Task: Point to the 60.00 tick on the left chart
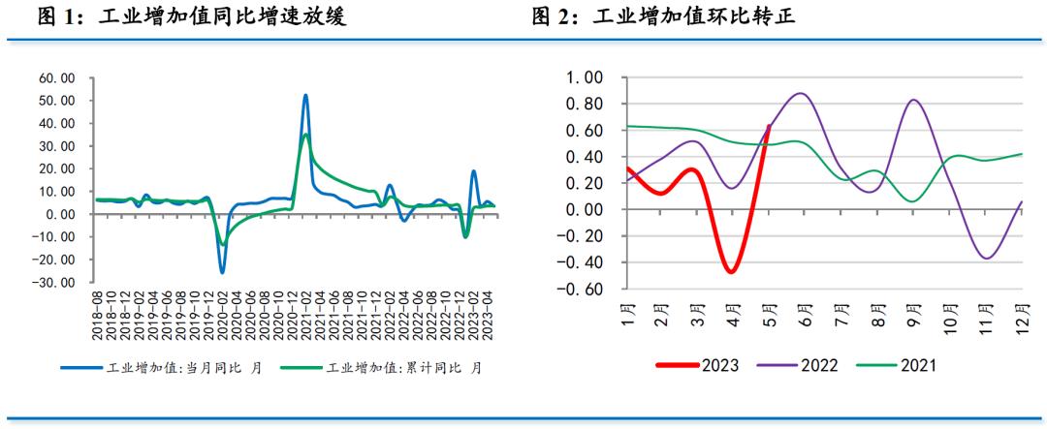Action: pyautogui.click(x=55, y=77)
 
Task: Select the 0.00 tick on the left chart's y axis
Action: pyautogui.click(x=57, y=214)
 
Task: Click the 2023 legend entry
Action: pyautogui.click(x=697, y=366)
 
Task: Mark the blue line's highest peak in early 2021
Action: pyautogui.click(x=305, y=95)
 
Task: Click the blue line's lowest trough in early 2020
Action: pyautogui.click(x=222, y=272)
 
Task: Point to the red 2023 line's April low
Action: pyautogui.click(x=730, y=271)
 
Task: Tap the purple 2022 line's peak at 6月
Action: pyautogui.click(x=801, y=94)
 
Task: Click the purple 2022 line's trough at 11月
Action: pyautogui.click(x=987, y=258)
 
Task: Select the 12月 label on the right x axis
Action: pyautogui.click(x=1023, y=315)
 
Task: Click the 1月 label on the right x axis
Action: pyautogui.click(x=628, y=315)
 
